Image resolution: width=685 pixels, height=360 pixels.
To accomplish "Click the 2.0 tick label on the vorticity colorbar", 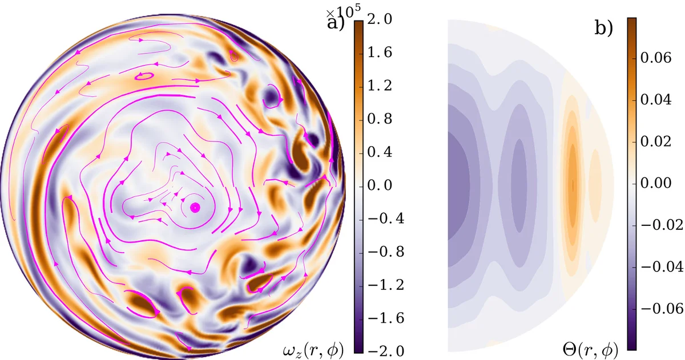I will click(379, 21).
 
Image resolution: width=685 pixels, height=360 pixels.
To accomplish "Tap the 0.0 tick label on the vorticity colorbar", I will click(379, 186).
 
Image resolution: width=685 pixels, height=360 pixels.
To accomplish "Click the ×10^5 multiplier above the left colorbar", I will click(337, 13).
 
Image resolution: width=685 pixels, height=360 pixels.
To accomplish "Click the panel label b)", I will click(603, 27).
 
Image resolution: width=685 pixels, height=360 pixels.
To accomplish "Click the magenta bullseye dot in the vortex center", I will click(195, 207).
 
